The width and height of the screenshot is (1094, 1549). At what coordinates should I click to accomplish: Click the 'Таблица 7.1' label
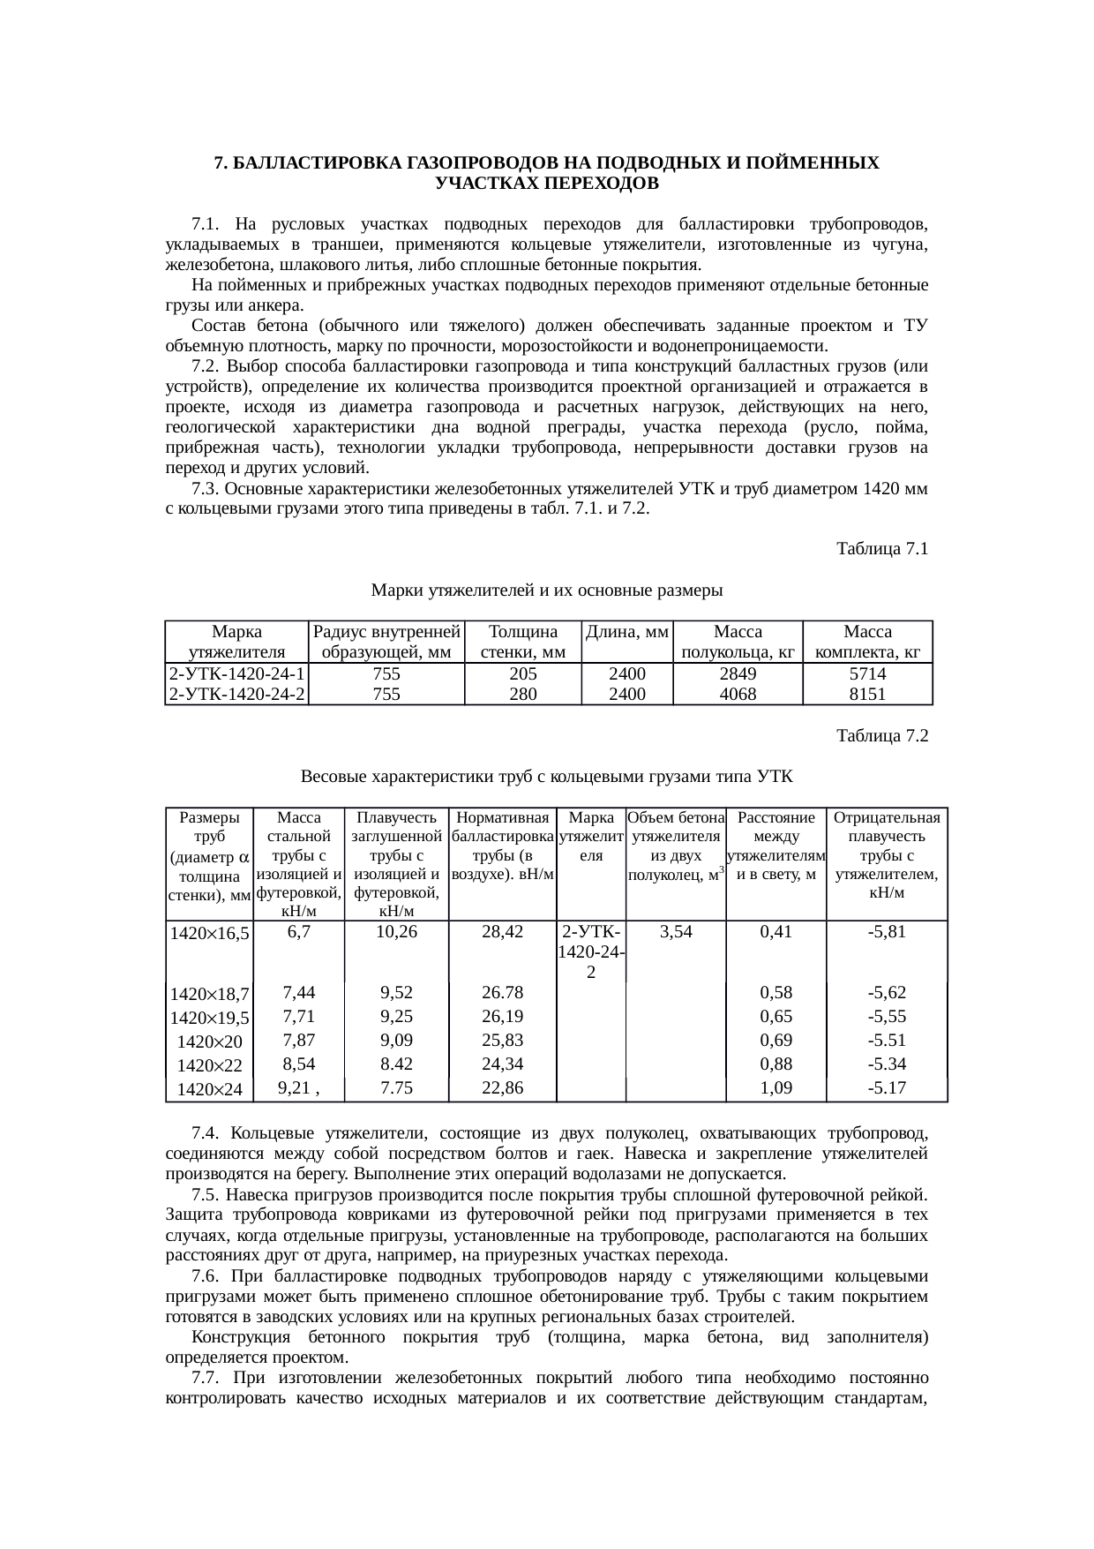point(881,549)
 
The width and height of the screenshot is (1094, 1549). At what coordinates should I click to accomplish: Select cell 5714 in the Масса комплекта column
point(867,674)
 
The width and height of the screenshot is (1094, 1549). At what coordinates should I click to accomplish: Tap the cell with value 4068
point(738,695)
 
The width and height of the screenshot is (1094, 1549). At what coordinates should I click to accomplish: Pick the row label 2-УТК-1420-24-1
point(236,674)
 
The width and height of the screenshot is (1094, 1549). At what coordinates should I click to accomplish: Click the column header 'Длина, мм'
point(627,632)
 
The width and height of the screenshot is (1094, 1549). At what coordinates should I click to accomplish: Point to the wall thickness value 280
point(523,695)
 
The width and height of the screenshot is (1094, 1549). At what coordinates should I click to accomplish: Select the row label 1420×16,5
point(210,933)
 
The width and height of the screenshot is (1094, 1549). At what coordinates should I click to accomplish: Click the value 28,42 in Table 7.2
point(503,931)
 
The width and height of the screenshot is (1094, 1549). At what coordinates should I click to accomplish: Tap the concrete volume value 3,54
point(676,931)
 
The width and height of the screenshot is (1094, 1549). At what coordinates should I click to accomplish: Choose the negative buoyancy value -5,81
point(887,931)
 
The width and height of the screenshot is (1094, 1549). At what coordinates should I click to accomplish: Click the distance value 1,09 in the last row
point(776,1088)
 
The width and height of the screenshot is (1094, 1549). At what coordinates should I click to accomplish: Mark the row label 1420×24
point(210,1090)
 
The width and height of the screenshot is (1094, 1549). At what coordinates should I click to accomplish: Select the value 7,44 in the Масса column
point(299,992)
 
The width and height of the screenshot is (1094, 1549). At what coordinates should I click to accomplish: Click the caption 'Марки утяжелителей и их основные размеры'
point(547,590)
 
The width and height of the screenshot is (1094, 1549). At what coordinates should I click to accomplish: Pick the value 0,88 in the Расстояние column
point(776,1064)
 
